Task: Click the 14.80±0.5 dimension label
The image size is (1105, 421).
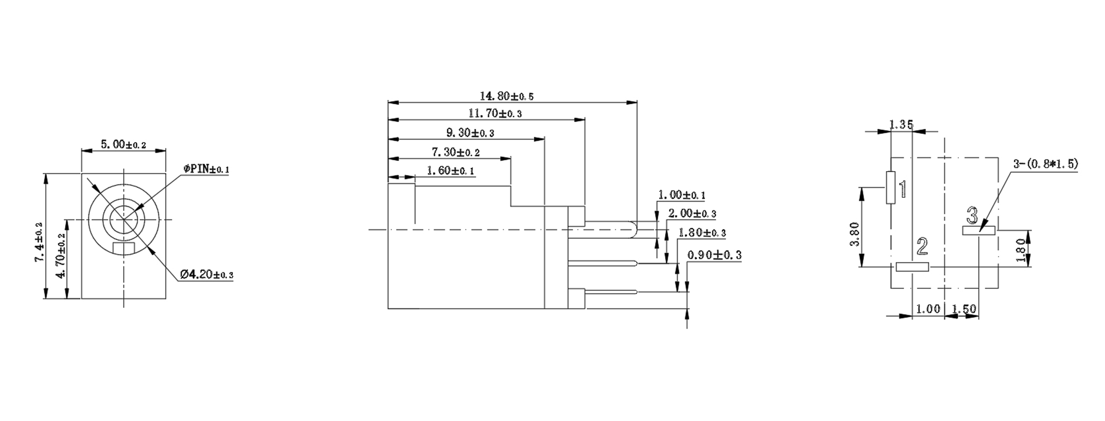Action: (x=507, y=96)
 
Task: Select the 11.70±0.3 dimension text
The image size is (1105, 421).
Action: (x=495, y=113)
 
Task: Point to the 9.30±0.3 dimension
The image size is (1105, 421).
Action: (x=470, y=133)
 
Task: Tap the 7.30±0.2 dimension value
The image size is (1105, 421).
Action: (x=456, y=152)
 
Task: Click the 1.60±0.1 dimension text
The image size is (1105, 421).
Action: (x=450, y=171)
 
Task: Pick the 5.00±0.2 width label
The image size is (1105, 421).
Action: (x=123, y=144)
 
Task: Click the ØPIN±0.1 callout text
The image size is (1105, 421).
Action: (x=206, y=169)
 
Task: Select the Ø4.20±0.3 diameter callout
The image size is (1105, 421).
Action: (x=206, y=275)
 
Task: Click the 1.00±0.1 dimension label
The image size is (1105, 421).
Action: (x=682, y=195)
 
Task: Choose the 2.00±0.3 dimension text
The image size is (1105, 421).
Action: (x=692, y=214)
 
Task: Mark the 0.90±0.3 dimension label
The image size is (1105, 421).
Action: (x=715, y=255)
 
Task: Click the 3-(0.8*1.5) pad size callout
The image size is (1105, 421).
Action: (x=1046, y=164)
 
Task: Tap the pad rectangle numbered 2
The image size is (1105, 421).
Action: (x=912, y=267)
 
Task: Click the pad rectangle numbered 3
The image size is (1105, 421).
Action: (x=979, y=230)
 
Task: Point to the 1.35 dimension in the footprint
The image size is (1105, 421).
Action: (x=901, y=125)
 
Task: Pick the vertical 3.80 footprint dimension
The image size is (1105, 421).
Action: (x=855, y=234)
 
